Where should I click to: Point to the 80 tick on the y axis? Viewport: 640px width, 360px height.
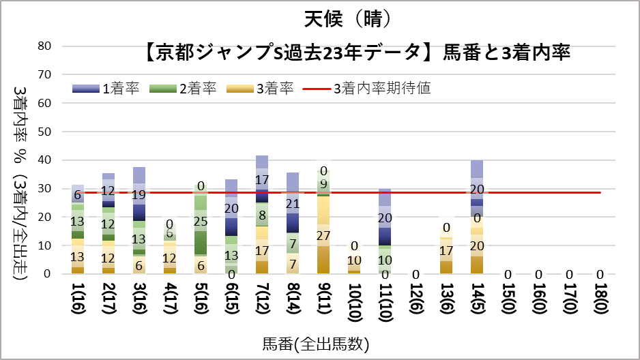pos(45,46)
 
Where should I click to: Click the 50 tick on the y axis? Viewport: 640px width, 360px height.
pos(45,131)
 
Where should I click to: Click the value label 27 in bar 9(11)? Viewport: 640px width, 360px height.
pos(322,235)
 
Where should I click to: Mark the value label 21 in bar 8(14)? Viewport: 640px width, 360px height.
pos(292,203)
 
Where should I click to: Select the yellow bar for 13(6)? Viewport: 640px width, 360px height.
pos(446,253)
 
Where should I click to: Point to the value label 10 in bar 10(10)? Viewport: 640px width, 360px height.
pos(353,260)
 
